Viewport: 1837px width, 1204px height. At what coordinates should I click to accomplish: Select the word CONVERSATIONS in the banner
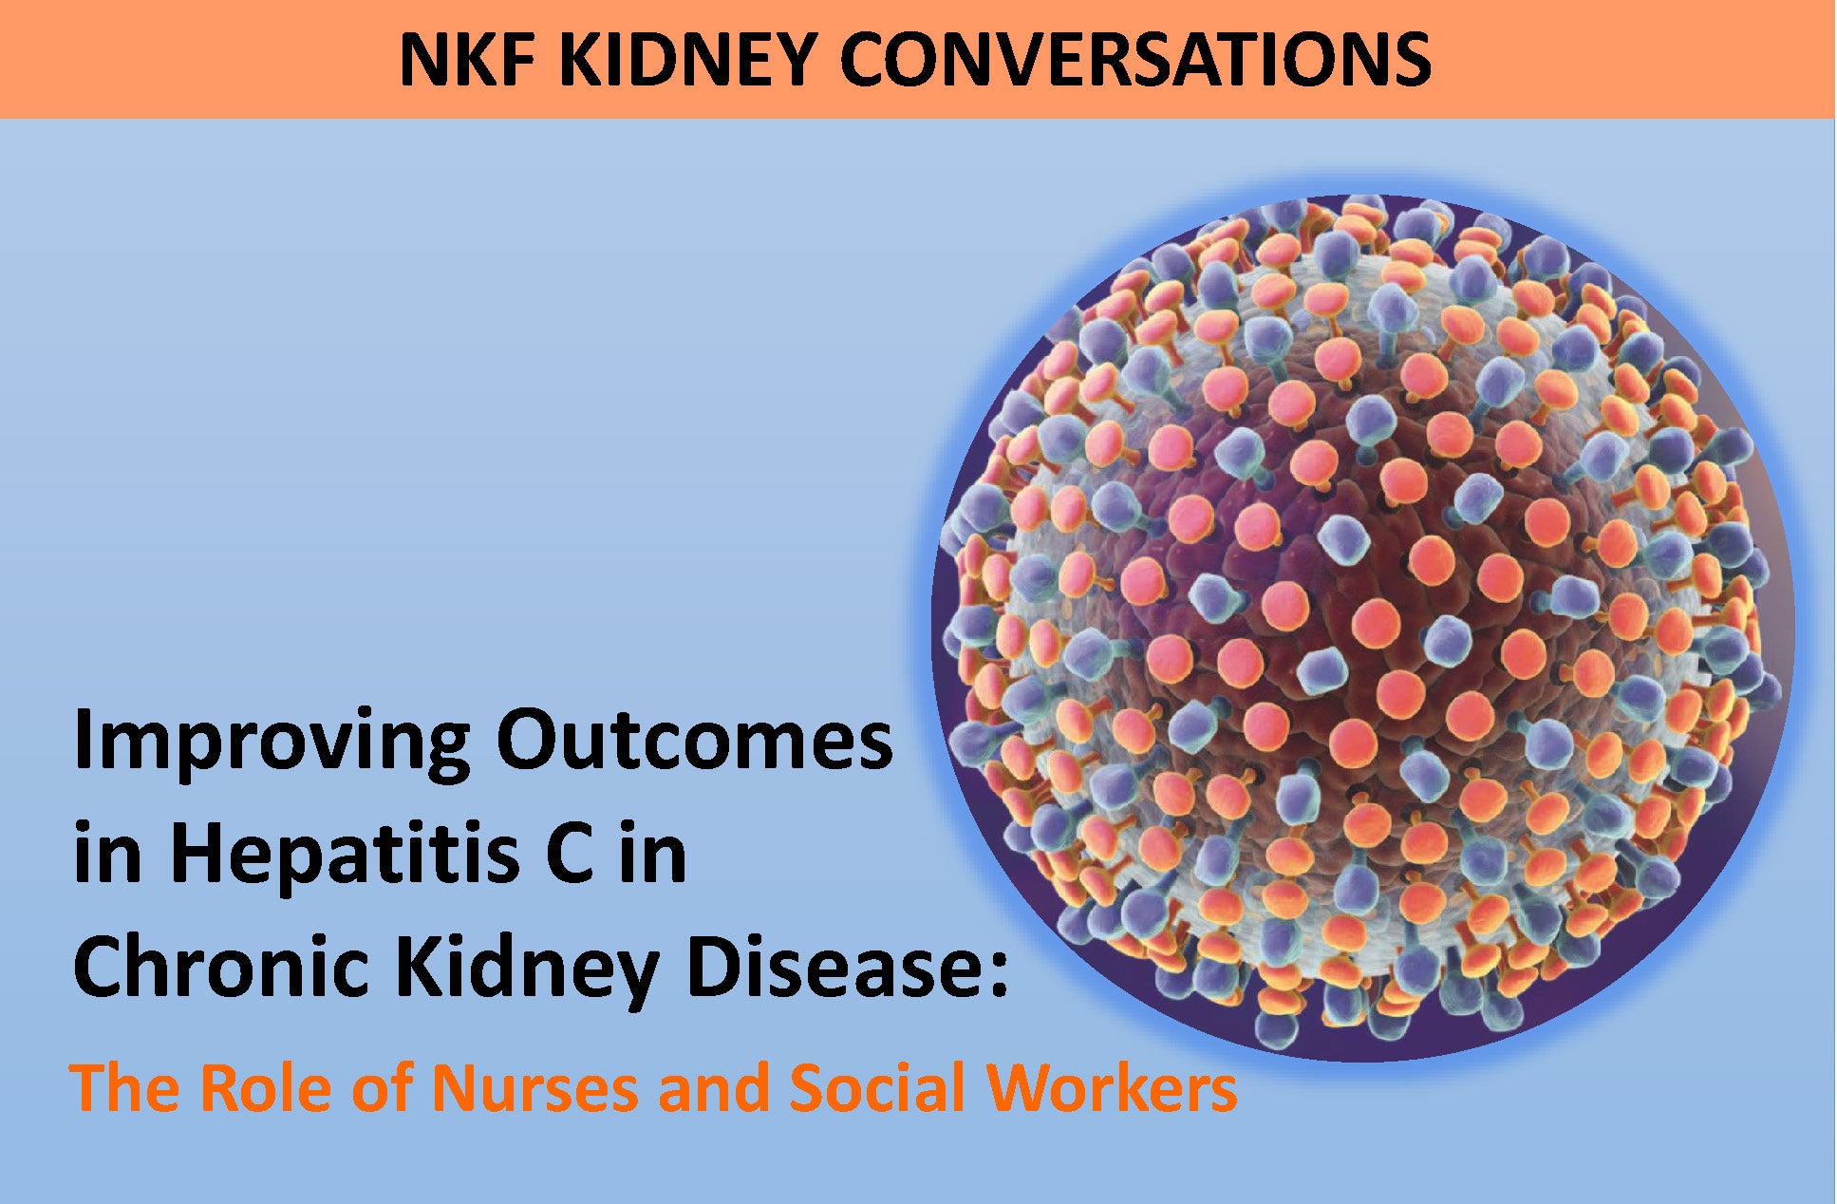[1135, 59]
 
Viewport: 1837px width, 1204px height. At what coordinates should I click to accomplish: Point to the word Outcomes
[694, 741]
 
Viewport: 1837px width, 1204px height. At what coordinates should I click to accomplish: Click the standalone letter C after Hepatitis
[570, 854]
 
